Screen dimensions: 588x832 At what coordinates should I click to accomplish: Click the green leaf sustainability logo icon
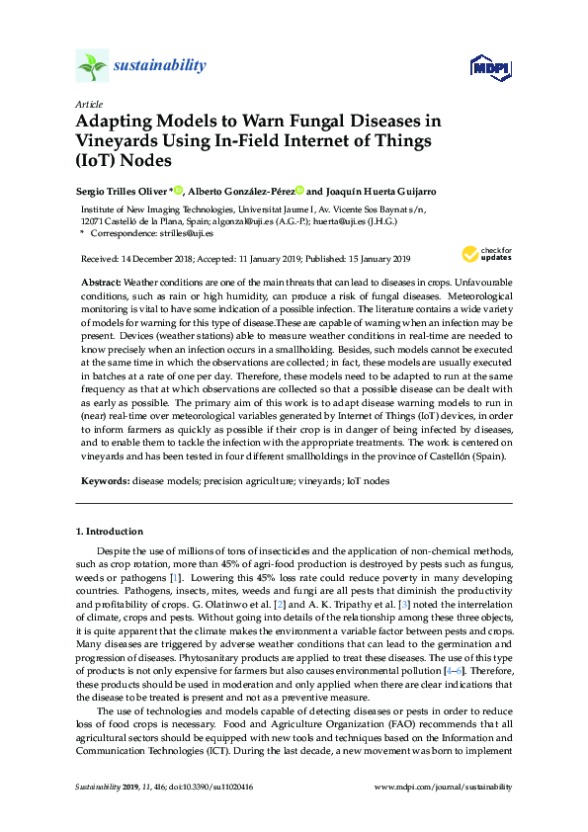pos(92,66)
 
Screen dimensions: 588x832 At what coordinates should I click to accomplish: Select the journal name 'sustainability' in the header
pos(160,66)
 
